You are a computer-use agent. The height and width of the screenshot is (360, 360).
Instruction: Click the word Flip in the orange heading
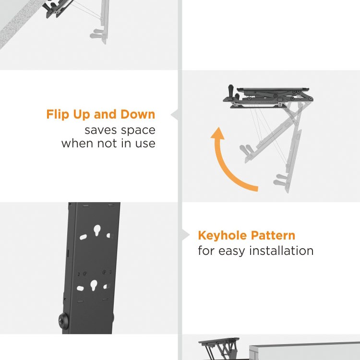click(x=58, y=115)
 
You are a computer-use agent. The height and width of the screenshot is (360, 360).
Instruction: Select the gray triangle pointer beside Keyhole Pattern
click(x=186, y=235)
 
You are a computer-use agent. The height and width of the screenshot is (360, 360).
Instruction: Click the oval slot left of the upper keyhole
click(x=82, y=237)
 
